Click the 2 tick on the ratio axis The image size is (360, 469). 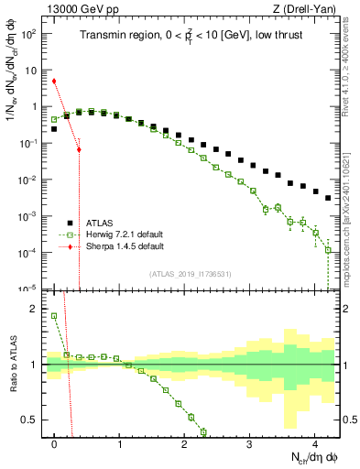pyautogui.click(x=37, y=309)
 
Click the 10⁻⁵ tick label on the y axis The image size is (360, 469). pyautogui.click(x=31, y=289)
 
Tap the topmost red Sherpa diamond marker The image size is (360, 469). pyautogui.click(x=55, y=81)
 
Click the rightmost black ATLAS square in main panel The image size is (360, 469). pyautogui.click(x=328, y=197)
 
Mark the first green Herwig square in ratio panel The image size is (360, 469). pyautogui.click(x=55, y=316)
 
